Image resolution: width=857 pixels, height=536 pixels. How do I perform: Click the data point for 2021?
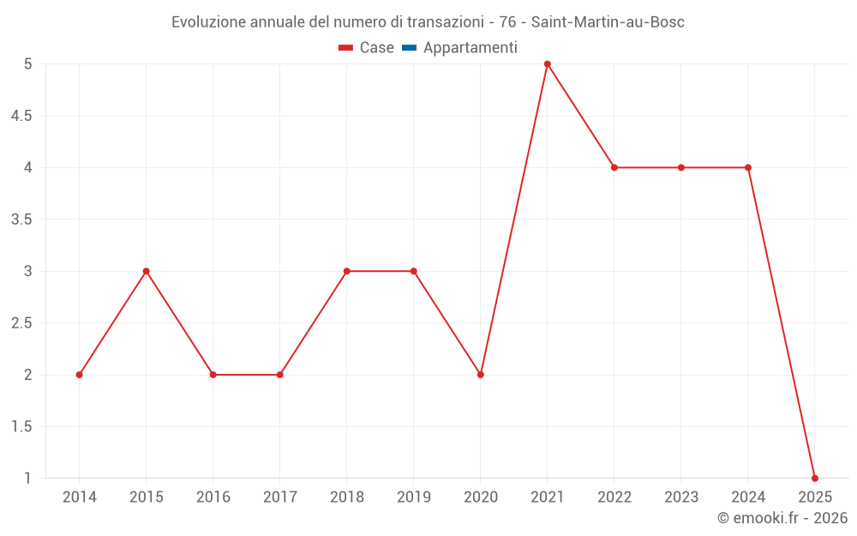click(x=547, y=63)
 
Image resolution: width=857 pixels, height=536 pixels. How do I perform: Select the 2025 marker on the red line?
click(x=814, y=478)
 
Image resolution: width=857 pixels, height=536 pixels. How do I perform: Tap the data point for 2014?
click(x=79, y=375)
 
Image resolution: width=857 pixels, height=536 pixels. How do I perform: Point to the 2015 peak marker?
click(x=146, y=271)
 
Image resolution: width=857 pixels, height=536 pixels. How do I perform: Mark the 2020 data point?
click(x=480, y=375)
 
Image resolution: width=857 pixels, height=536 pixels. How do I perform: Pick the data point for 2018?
click(x=346, y=271)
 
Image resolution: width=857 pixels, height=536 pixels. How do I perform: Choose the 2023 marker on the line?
click(x=680, y=167)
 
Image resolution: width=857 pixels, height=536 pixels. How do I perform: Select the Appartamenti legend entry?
click(x=470, y=48)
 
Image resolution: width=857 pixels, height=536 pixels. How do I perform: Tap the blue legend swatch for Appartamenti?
click(x=409, y=48)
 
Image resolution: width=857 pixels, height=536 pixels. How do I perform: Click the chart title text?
click(x=428, y=22)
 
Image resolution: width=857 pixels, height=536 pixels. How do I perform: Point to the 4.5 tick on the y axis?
click(x=21, y=116)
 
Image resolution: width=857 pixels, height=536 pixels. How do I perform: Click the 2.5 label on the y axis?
click(x=21, y=323)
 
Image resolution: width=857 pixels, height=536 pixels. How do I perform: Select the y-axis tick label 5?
click(x=27, y=63)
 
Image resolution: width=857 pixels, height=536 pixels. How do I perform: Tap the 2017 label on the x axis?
click(x=279, y=497)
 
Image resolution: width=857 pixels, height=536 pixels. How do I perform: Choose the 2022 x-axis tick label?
click(x=614, y=497)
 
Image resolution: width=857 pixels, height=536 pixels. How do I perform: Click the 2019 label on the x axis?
click(x=413, y=497)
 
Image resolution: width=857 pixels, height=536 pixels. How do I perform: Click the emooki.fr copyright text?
click(x=782, y=518)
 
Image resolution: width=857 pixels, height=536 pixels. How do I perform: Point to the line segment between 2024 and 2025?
click(x=781, y=322)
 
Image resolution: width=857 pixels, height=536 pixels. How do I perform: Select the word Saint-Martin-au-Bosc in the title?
click(x=608, y=22)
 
